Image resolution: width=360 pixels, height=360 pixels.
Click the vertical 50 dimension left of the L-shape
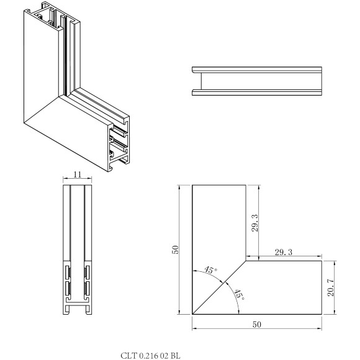coord(176,250)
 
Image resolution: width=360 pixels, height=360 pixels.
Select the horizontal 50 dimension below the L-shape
coord(257,324)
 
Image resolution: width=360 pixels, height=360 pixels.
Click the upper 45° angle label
coord(211,271)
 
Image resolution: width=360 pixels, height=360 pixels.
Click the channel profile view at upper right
coord(257,81)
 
